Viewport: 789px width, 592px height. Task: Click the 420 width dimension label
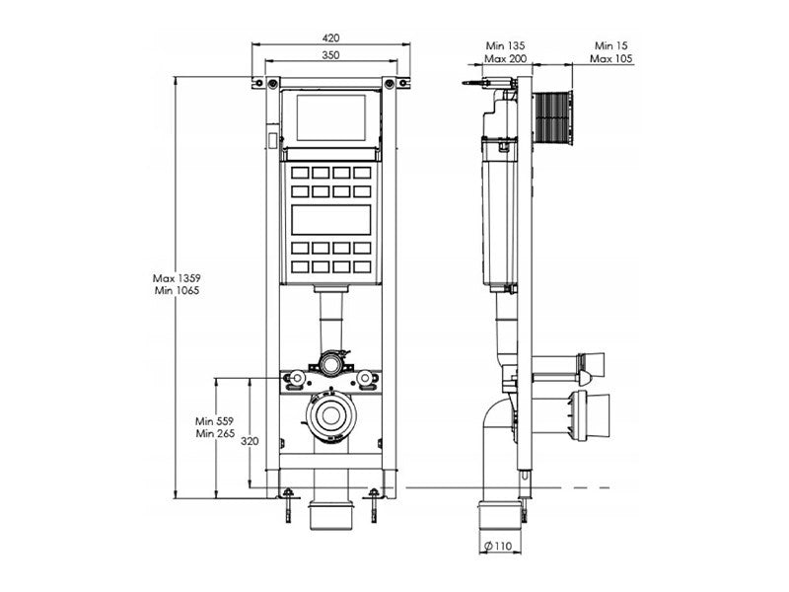(x=330, y=37)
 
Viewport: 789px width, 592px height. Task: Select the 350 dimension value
(x=330, y=56)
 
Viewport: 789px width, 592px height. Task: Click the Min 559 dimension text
(x=216, y=419)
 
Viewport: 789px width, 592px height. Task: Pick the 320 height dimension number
(x=251, y=441)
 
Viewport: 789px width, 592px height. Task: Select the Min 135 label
(x=505, y=45)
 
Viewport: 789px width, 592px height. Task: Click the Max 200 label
(x=505, y=59)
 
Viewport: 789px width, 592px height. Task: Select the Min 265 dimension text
(x=216, y=433)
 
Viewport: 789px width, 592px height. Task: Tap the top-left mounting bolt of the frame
(x=271, y=83)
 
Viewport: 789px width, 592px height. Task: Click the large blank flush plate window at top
(x=330, y=117)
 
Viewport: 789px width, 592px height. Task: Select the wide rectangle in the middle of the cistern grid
(x=330, y=219)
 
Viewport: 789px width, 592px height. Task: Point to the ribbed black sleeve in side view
(x=552, y=117)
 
